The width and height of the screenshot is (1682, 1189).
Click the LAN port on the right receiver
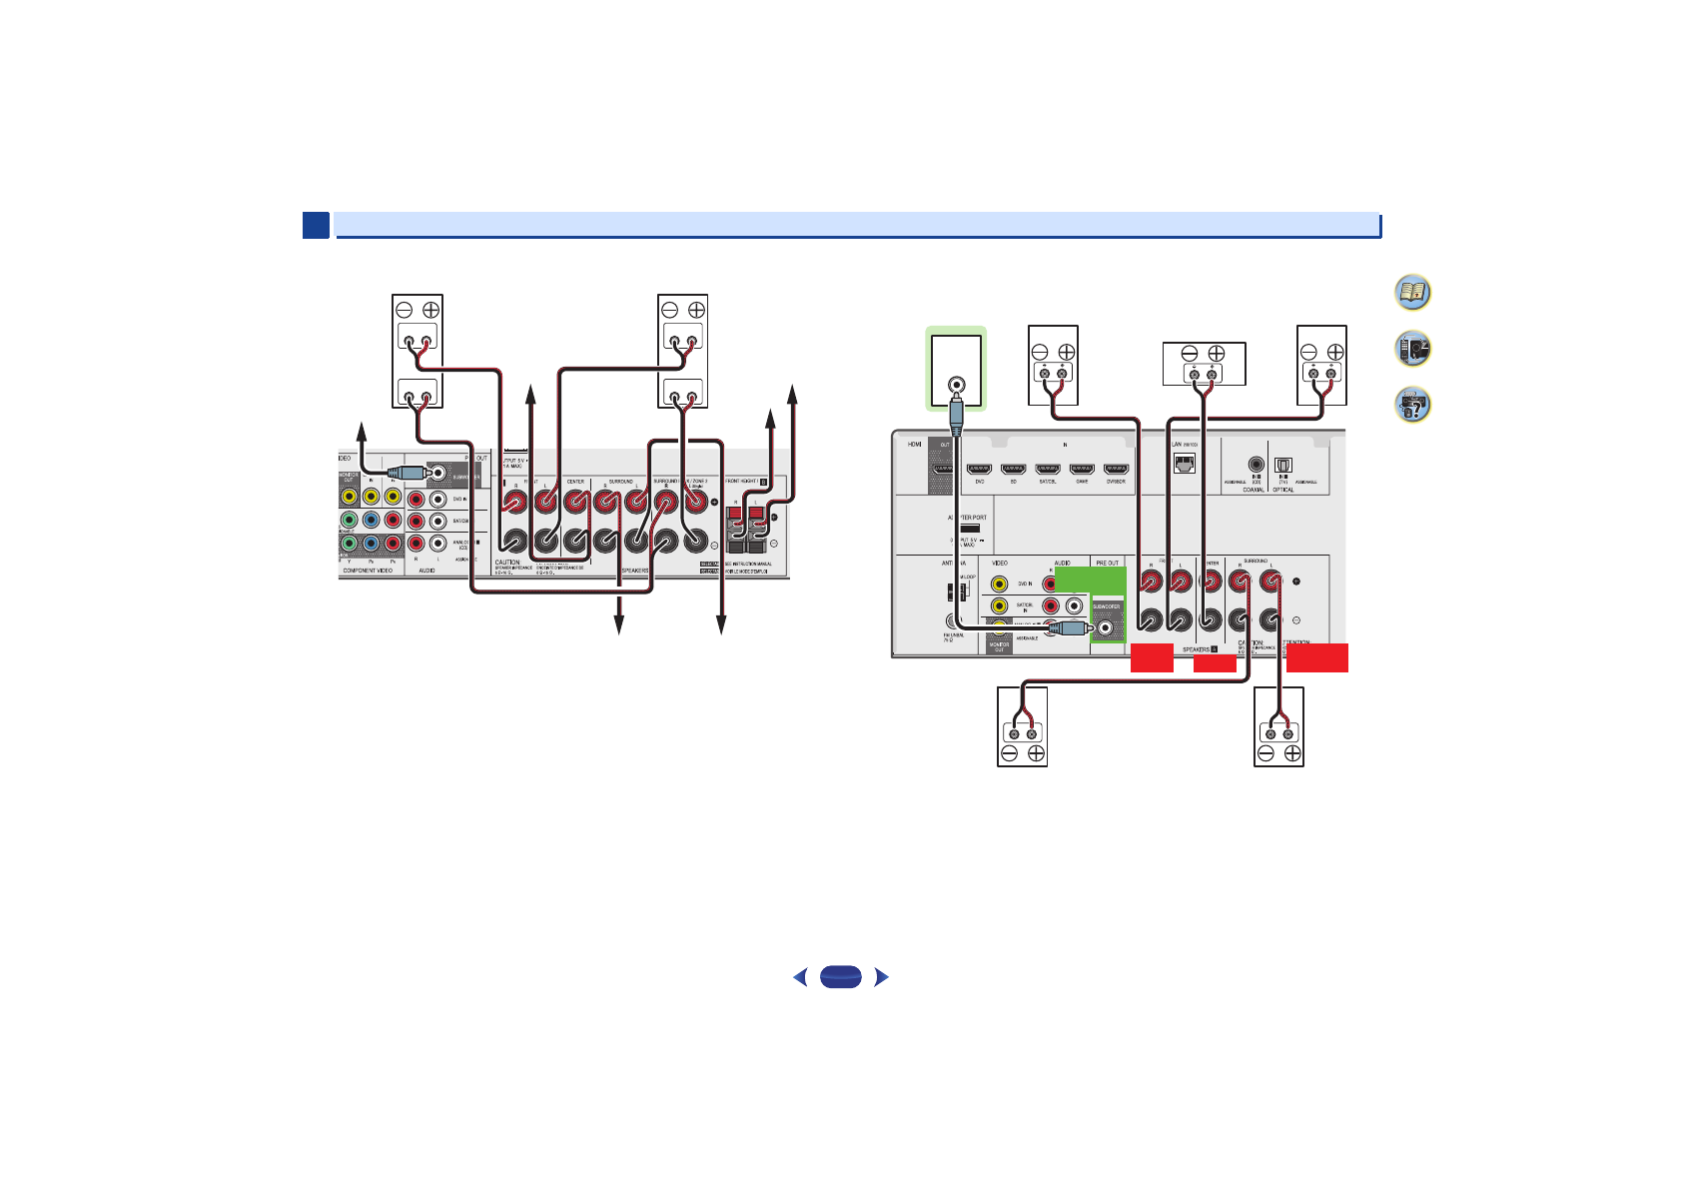point(1184,464)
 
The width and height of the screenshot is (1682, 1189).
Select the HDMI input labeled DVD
point(979,468)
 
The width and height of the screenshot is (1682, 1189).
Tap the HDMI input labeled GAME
point(1082,468)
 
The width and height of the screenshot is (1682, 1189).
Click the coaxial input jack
point(1256,464)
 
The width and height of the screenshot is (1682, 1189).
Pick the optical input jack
point(1283,465)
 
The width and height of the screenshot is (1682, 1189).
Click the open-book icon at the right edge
point(1412,293)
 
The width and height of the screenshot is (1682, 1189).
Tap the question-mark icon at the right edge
point(1412,405)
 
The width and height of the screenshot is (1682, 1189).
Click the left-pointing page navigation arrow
point(799,977)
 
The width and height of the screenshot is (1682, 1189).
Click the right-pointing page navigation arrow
point(881,977)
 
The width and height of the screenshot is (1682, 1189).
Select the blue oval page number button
point(840,977)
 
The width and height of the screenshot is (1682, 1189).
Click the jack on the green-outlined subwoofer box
point(956,383)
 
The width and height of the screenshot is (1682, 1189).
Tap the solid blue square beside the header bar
point(316,225)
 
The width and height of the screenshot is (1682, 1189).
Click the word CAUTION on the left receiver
point(507,563)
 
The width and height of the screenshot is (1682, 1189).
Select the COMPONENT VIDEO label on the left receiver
point(368,571)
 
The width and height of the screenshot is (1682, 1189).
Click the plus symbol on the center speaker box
point(1216,353)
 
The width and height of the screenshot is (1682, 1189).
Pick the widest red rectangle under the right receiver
point(1317,657)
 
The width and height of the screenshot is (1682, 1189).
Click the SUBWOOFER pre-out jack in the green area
point(1106,628)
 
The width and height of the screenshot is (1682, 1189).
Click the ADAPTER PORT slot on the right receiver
point(969,528)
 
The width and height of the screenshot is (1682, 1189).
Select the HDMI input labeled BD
point(1013,468)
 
